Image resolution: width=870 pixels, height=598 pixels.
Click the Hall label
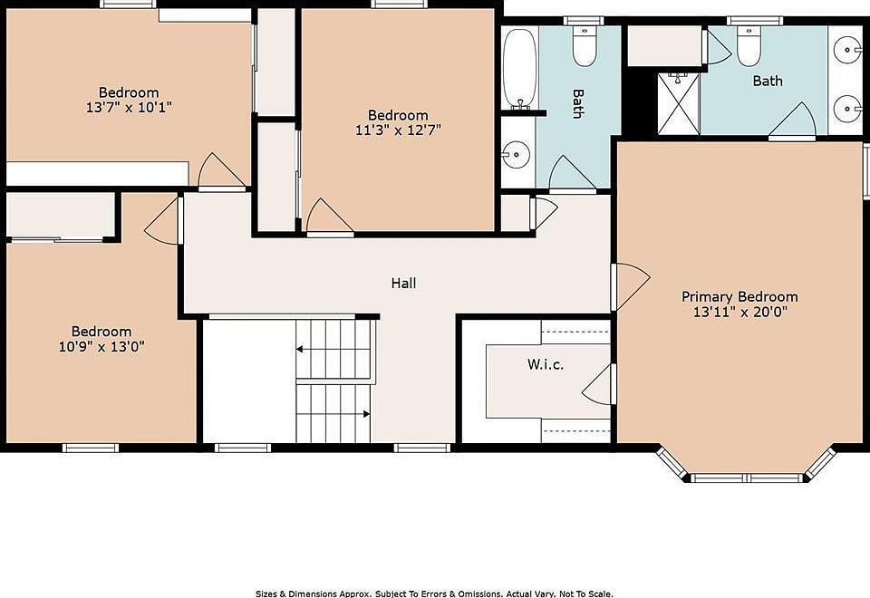[x=403, y=283]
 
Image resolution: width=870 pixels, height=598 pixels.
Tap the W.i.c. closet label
[x=546, y=364]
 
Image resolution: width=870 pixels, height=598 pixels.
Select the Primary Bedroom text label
[x=739, y=296]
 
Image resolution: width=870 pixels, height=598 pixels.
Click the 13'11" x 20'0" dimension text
[x=740, y=312]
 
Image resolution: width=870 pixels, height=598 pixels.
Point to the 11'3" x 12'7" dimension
[x=399, y=130]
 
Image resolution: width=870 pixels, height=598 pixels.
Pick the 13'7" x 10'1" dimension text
[x=129, y=107]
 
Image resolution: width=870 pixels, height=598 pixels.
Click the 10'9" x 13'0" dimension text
[x=101, y=347]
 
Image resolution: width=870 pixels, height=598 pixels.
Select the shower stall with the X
[x=679, y=103]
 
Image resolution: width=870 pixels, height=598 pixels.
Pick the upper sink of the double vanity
[x=848, y=49]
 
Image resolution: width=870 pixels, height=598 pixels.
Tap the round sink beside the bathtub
[x=516, y=154]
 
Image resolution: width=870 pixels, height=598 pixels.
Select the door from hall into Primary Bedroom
[x=631, y=287]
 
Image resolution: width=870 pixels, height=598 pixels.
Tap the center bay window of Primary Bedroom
[x=746, y=477]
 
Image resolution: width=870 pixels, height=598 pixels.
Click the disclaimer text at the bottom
[x=434, y=593]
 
